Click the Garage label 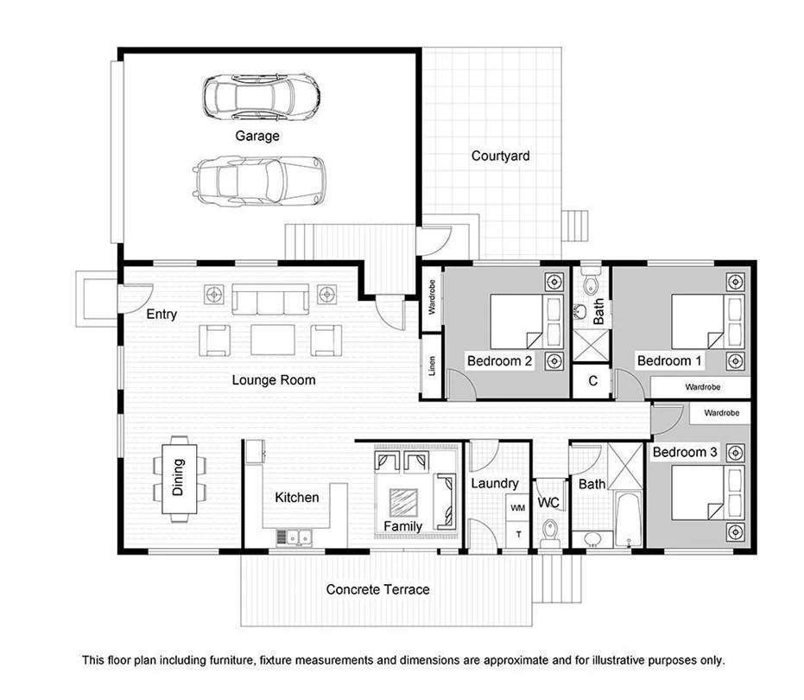[x=257, y=136]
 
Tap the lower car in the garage [x=258, y=180]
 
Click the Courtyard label [x=500, y=156]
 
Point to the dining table [x=180, y=479]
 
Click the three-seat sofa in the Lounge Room [x=270, y=302]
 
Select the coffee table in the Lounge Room [x=272, y=339]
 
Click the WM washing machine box [x=518, y=508]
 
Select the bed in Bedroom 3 [x=698, y=493]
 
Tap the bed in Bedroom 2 [x=516, y=321]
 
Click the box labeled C [x=592, y=381]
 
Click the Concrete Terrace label [x=377, y=589]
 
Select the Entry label [x=161, y=315]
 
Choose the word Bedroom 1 [x=664, y=360]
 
